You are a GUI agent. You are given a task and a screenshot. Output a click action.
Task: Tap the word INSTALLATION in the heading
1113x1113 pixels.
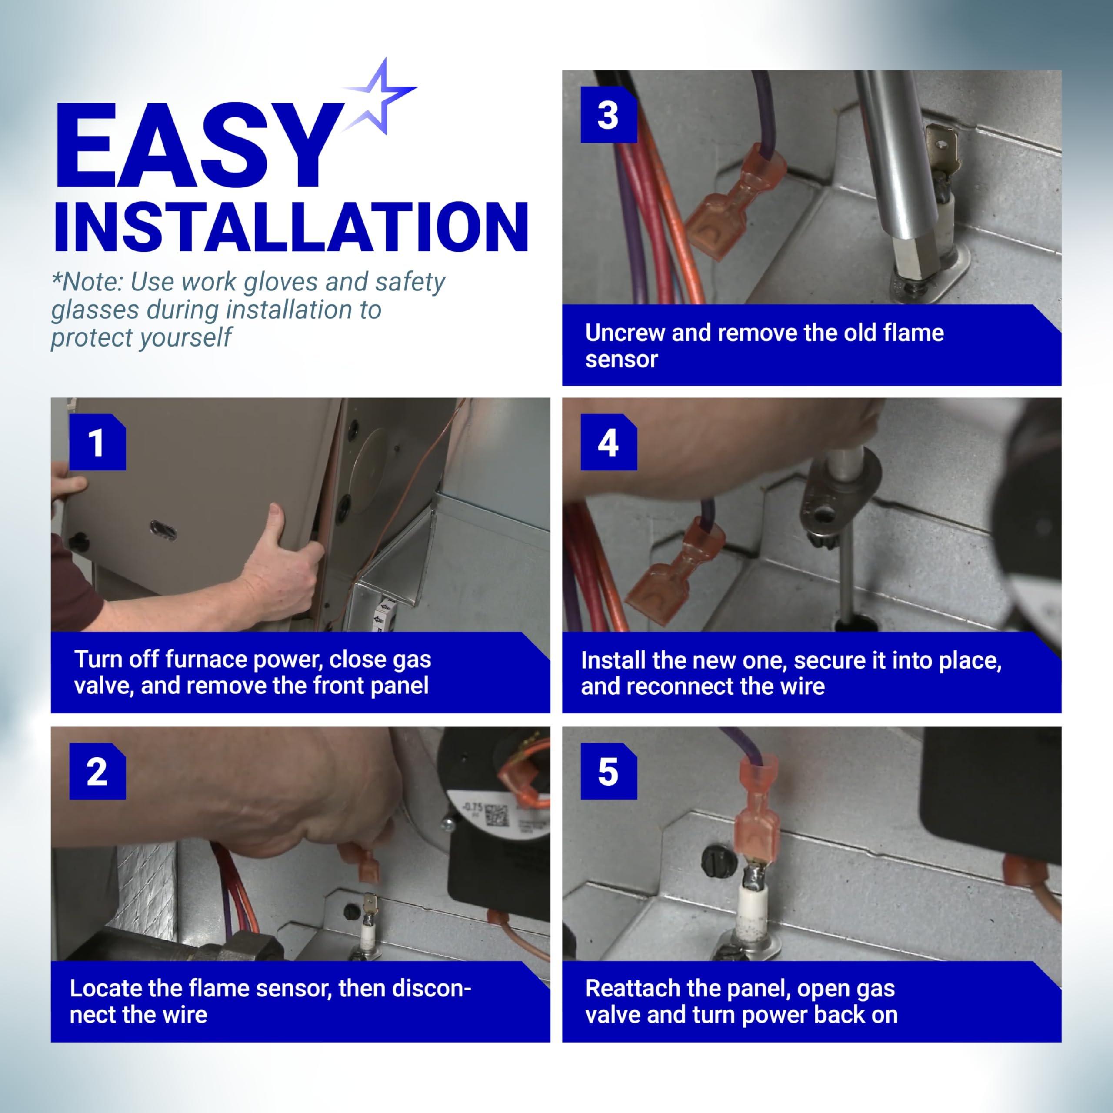point(291,227)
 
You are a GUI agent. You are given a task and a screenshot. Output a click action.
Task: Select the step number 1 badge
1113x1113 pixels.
point(97,443)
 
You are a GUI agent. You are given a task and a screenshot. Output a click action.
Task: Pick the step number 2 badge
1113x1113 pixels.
point(97,771)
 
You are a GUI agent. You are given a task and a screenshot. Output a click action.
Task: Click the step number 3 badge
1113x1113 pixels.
point(608,115)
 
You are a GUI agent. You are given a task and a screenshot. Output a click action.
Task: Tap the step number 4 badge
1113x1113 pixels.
point(608,443)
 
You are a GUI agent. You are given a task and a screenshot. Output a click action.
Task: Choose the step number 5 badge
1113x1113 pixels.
point(608,771)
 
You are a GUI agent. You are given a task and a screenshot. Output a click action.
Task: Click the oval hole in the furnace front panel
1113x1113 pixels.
point(163,530)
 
